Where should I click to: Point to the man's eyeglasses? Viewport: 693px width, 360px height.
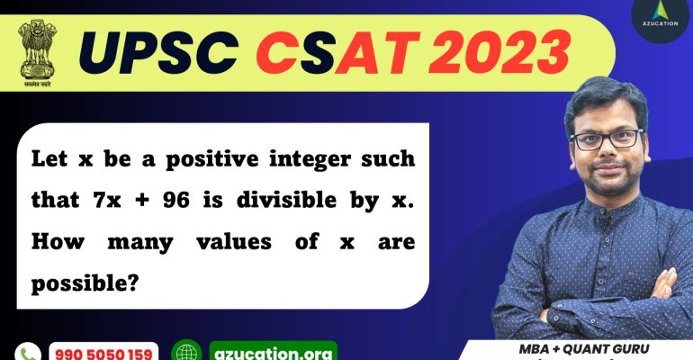tap(607, 140)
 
